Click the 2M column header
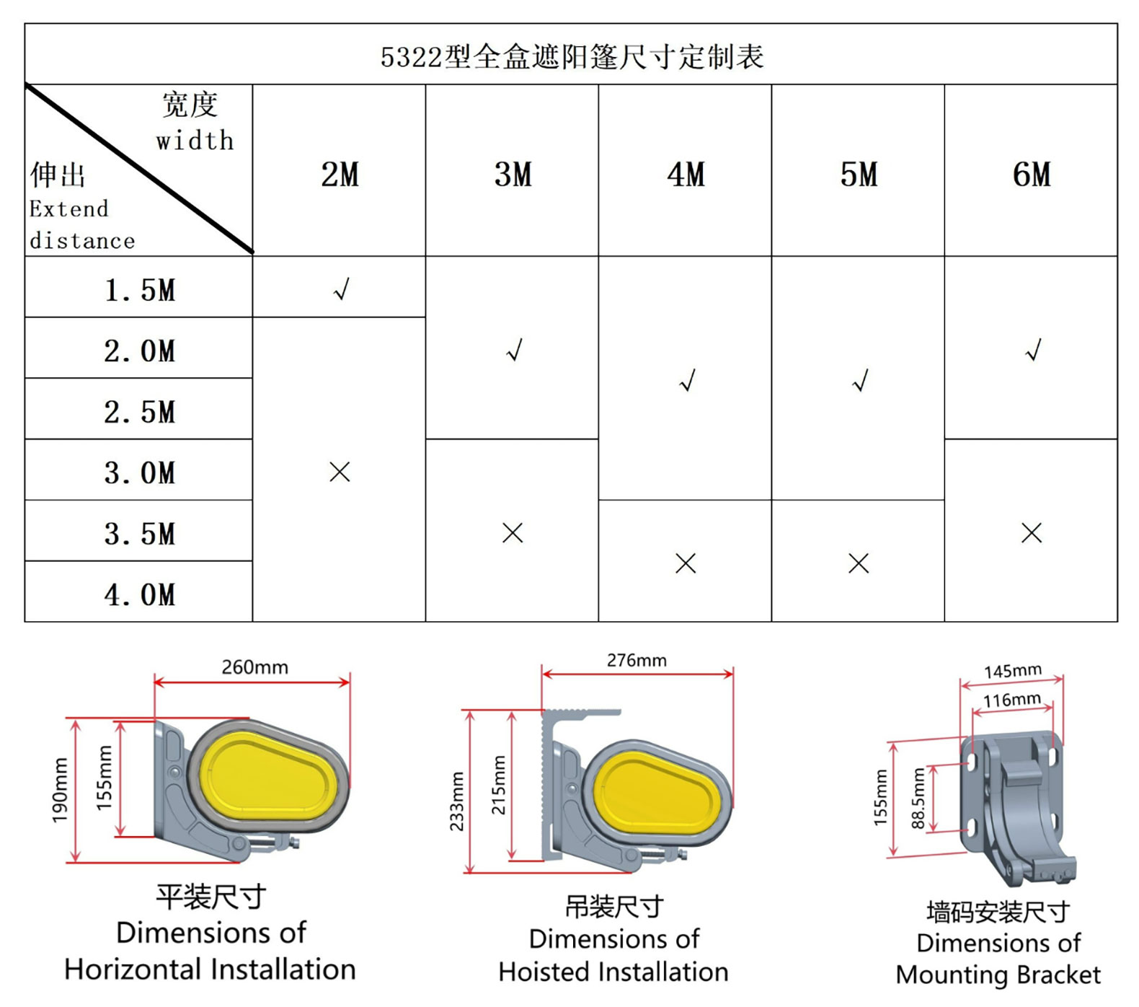[x=340, y=175]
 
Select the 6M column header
[x=1032, y=175]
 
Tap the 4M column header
[x=686, y=175]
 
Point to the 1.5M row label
[x=139, y=290]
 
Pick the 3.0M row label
[x=139, y=473]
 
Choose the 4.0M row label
[x=139, y=595]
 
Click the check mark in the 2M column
[x=341, y=289]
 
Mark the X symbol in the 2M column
[x=340, y=472]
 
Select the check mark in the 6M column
[x=1033, y=350]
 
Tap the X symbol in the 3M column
[x=513, y=533]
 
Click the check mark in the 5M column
[x=860, y=380]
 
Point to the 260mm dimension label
[x=254, y=667]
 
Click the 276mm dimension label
[x=637, y=660]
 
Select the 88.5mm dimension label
[x=918, y=798]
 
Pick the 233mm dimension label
[x=456, y=801]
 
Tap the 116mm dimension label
[x=1012, y=699]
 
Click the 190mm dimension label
[x=60, y=790]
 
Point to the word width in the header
[x=195, y=140]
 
